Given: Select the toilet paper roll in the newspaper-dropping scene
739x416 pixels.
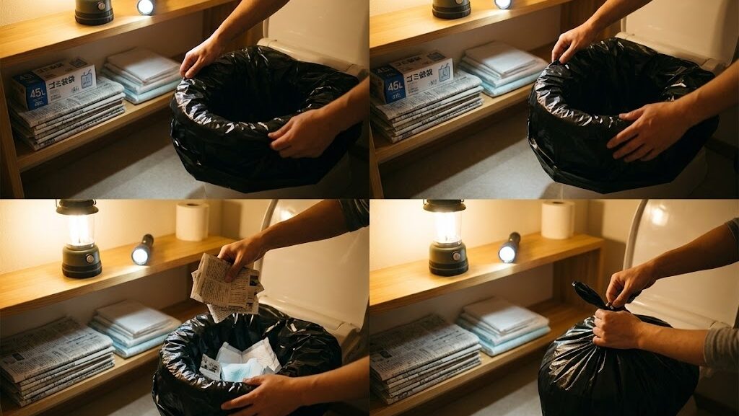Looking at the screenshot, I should tap(192, 221).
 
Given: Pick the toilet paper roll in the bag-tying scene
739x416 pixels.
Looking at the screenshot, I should tap(558, 219).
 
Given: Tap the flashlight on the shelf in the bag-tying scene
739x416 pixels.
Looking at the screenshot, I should tap(509, 248).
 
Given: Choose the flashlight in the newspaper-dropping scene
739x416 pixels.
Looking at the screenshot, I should tap(142, 249).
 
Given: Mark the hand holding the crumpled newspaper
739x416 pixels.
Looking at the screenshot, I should tap(242, 253).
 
